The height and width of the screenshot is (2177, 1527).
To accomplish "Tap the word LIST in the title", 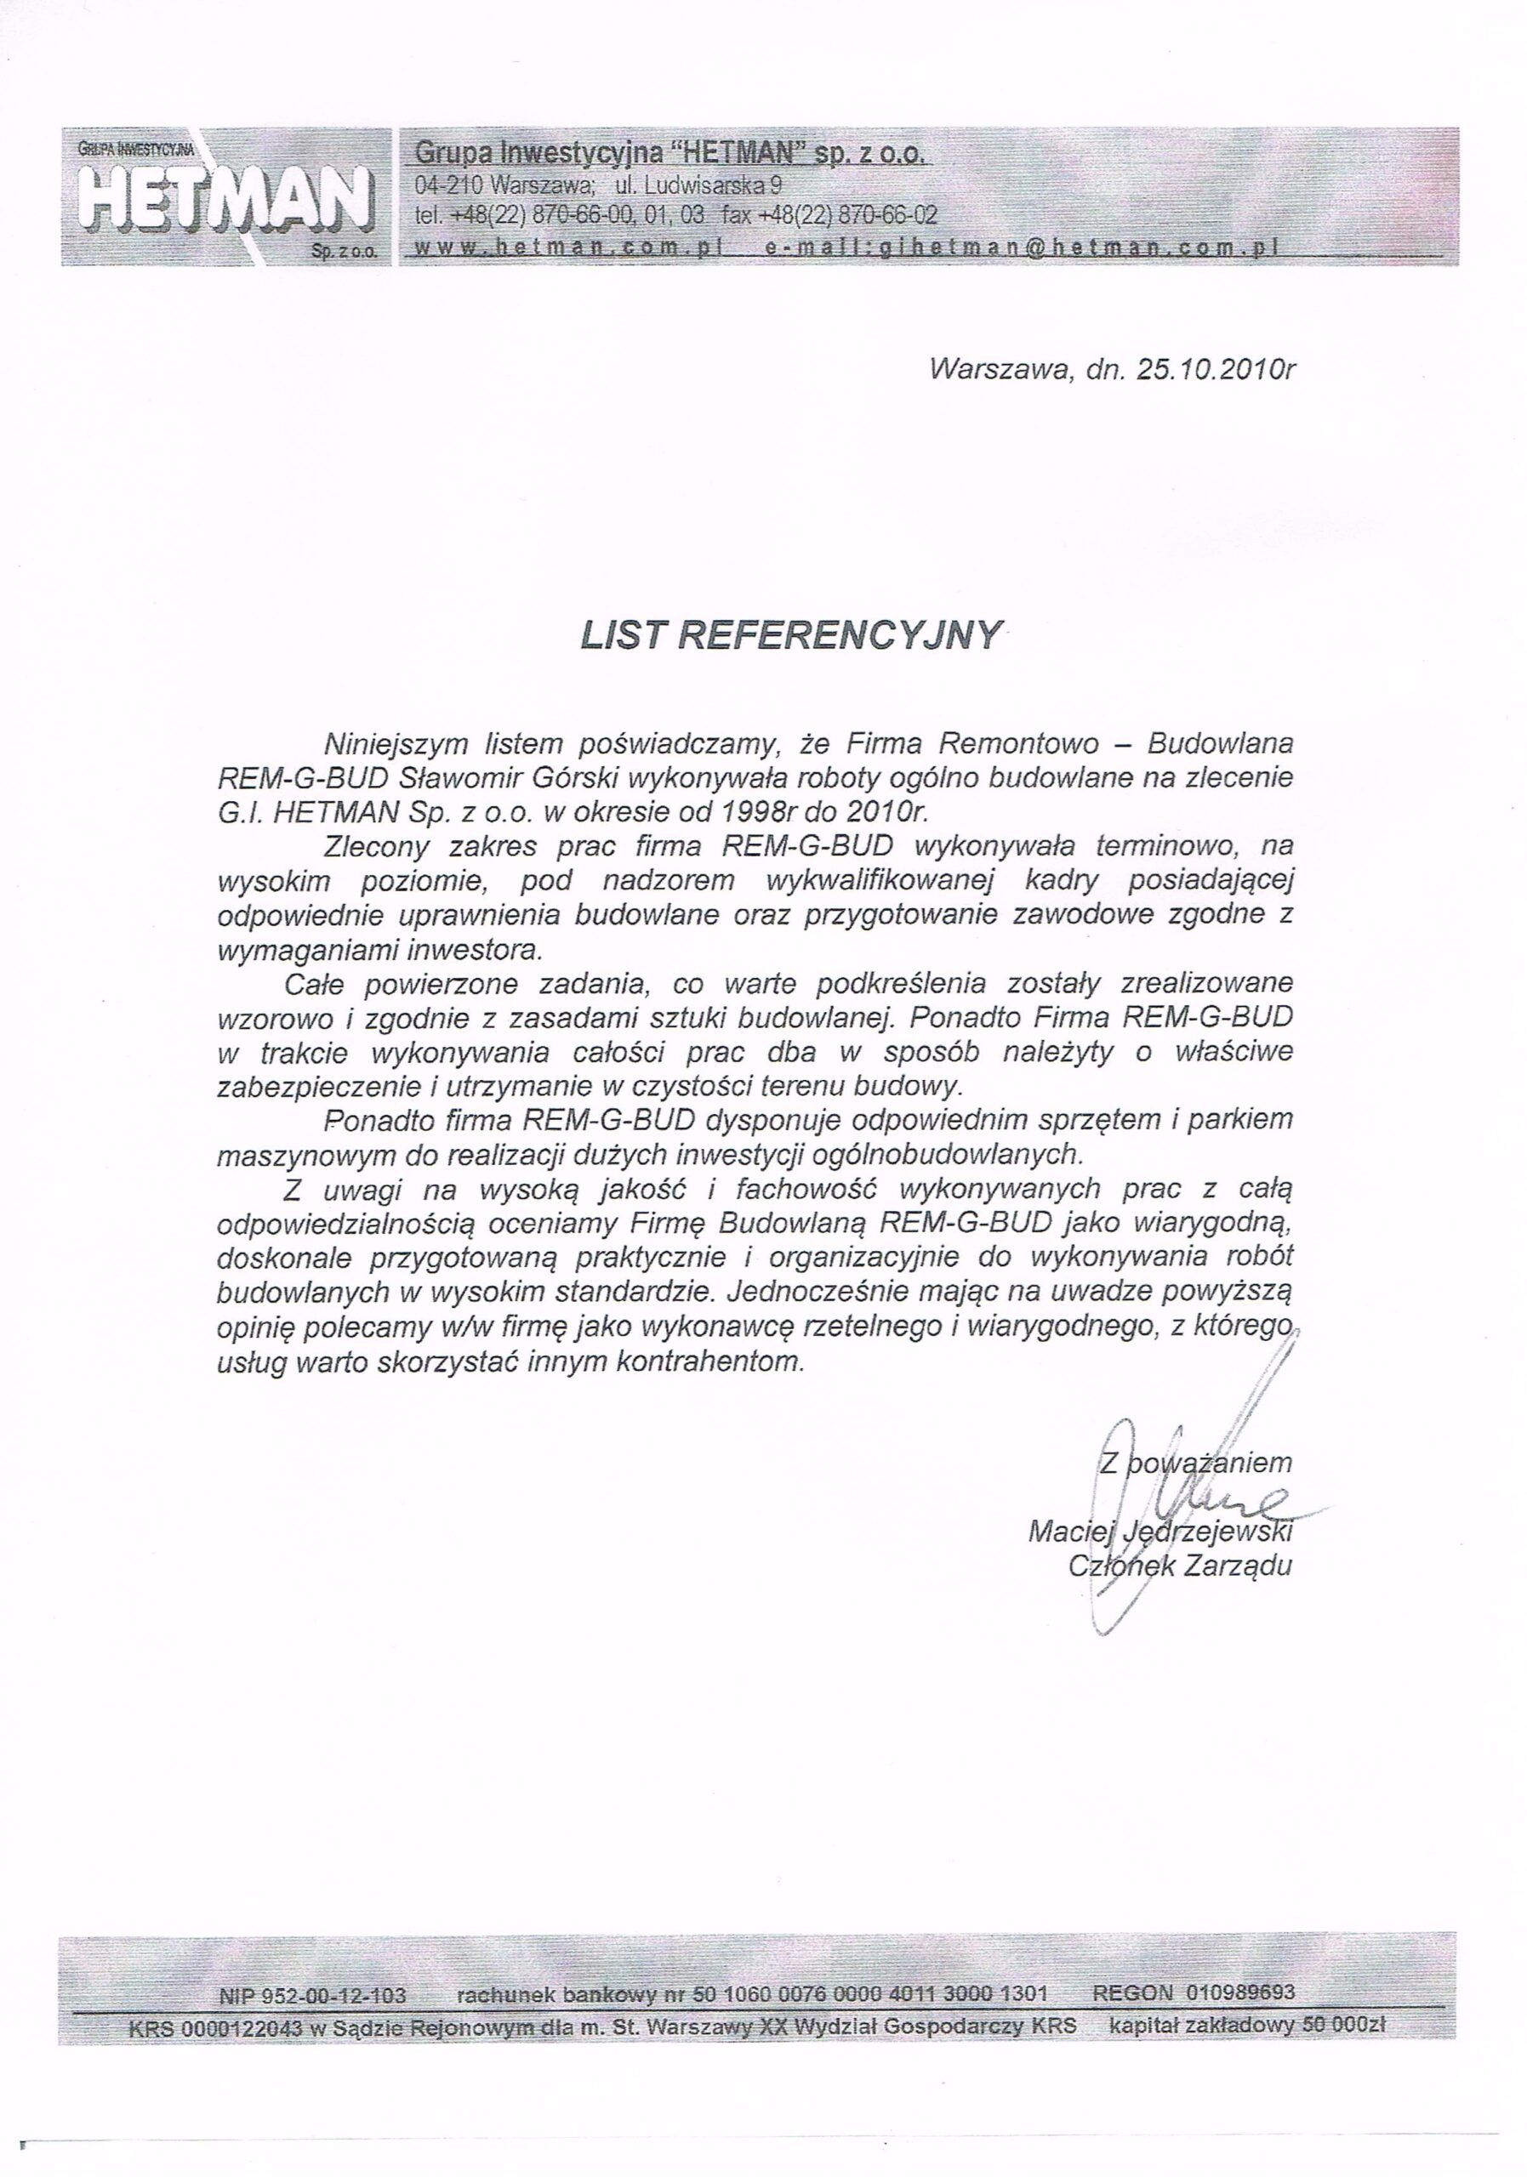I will pyautogui.click(x=620, y=635).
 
